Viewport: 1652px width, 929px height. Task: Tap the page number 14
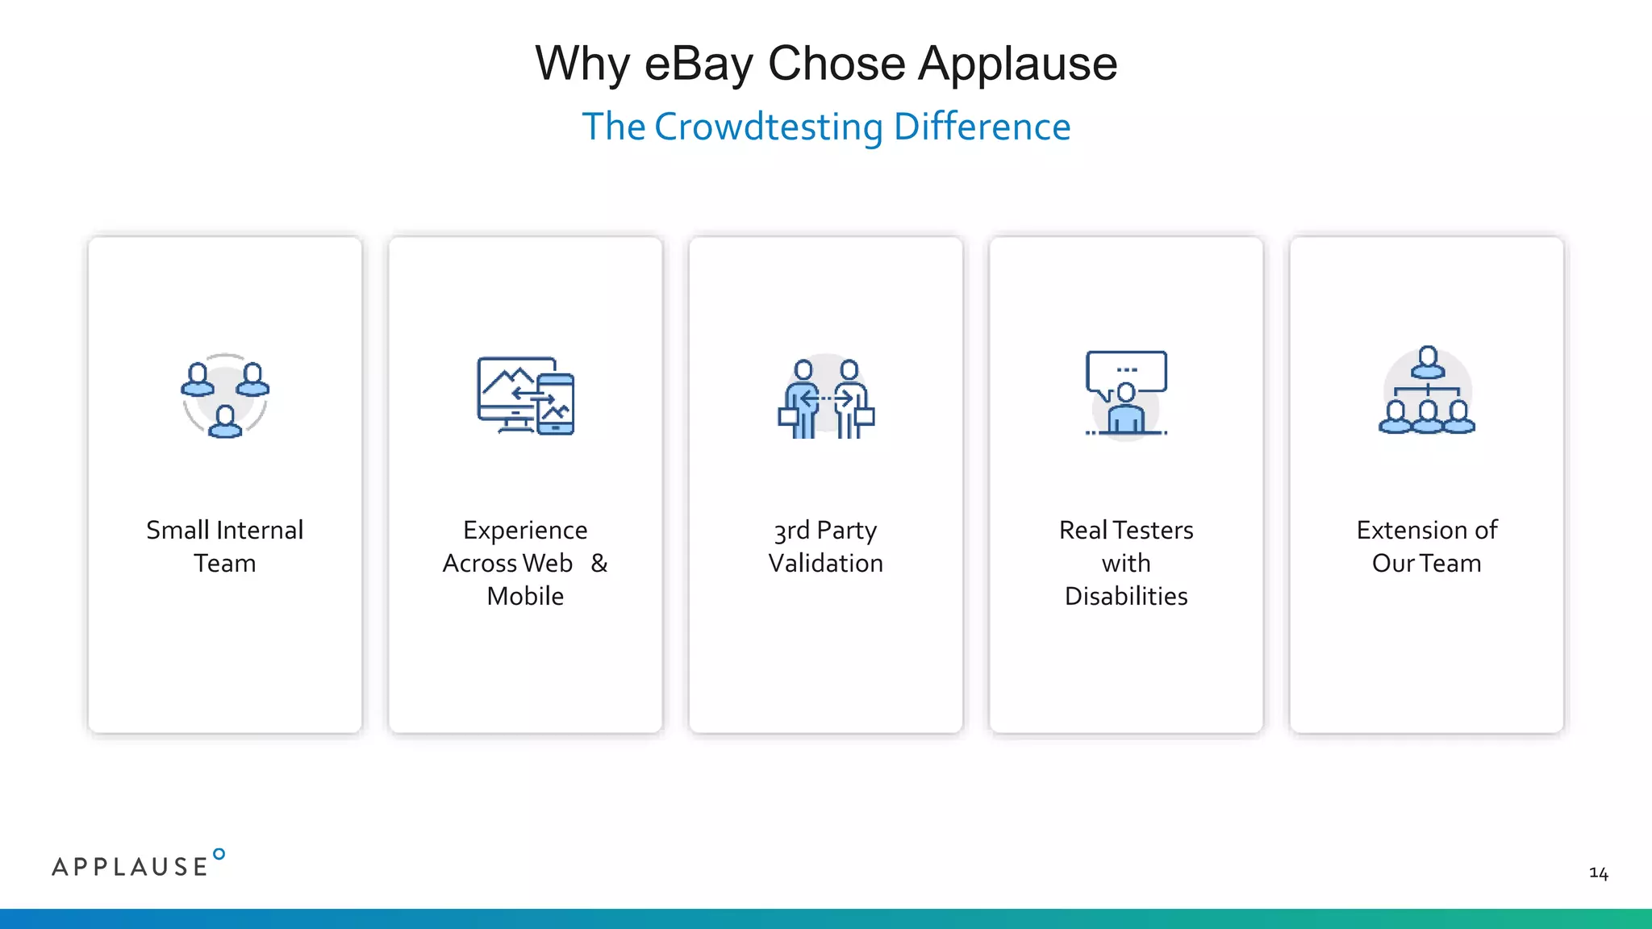coord(1598,873)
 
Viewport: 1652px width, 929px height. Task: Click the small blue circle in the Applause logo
coord(219,854)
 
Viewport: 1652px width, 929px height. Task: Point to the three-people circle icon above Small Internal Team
coord(225,396)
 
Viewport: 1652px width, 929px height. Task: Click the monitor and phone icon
coord(525,396)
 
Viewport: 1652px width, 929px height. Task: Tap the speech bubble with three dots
coord(1126,371)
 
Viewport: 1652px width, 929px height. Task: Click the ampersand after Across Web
coord(599,563)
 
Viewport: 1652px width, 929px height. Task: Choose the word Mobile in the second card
coord(525,596)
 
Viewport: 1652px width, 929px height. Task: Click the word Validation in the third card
coord(826,563)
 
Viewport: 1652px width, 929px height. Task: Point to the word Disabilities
coord(1126,596)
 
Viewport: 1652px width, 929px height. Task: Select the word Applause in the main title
coord(1018,64)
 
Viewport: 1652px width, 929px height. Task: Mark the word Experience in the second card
coord(525,531)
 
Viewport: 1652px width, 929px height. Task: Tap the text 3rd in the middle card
coord(791,531)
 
